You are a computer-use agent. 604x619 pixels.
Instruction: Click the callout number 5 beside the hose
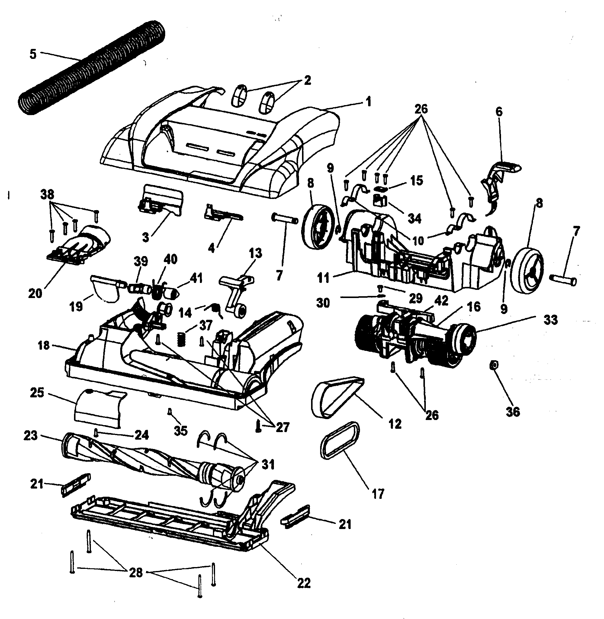click(33, 54)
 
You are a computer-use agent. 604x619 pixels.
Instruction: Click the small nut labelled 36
click(493, 366)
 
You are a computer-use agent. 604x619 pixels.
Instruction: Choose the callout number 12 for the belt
click(395, 423)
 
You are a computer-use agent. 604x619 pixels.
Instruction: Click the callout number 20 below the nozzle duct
click(35, 293)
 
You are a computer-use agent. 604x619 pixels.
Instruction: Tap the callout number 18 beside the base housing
click(44, 345)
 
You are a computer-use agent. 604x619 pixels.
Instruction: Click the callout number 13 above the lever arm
click(255, 253)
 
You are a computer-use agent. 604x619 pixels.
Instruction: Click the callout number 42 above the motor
click(441, 301)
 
